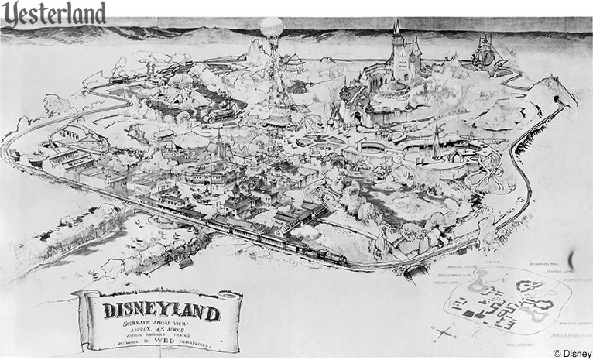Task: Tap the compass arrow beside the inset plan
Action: click(x=444, y=332)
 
